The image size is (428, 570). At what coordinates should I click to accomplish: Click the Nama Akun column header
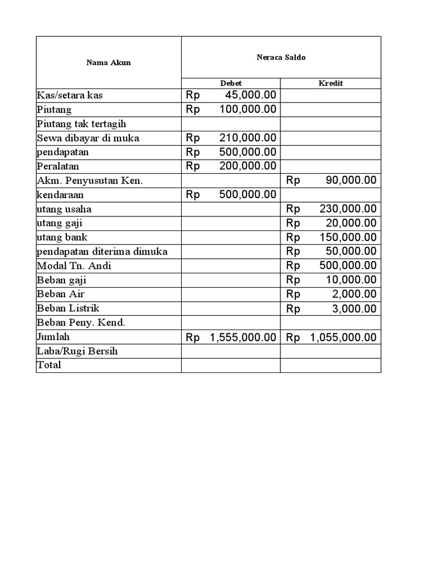(x=109, y=62)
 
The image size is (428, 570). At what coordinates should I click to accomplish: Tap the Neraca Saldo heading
(x=281, y=57)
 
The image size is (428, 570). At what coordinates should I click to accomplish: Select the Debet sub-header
(x=231, y=83)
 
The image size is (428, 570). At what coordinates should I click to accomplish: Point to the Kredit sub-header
(x=330, y=83)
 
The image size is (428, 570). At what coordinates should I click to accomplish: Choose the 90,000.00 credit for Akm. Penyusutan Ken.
(x=351, y=180)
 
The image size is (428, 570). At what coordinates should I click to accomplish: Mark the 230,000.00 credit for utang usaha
(x=348, y=209)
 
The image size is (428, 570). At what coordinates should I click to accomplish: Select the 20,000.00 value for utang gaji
(x=351, y=223)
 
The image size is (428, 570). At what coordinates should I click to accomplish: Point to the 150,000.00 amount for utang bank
(x=348, y=238)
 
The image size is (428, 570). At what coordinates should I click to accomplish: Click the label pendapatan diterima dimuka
(x=102, y=252)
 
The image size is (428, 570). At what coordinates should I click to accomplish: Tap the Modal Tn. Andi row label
(x=74, y=266)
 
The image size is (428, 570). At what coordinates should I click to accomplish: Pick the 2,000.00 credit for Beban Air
(x=354, y=294)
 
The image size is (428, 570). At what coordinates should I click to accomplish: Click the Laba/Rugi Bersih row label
(x=77, y=351)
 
